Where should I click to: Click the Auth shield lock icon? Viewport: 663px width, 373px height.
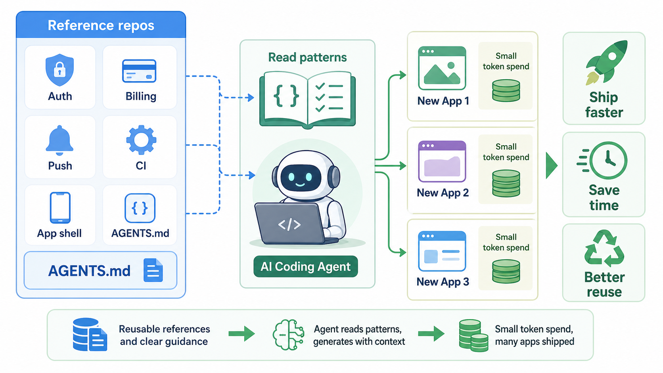pos(59,70)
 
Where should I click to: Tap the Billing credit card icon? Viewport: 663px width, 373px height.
pos(139,71)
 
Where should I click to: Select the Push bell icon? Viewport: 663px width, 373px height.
pos(59,140)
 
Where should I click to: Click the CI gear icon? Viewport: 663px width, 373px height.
pos(141,140)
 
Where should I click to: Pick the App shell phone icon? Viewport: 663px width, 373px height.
pos(60,208)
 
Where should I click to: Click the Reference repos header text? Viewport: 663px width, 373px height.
pos(101,25)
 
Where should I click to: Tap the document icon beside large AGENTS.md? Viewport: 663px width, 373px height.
pos(153,270)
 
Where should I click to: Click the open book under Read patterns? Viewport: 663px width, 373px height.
pos(307,99)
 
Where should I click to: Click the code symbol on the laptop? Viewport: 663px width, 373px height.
pos(289,225)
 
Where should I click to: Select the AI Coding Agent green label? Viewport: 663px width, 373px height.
pos(305,267)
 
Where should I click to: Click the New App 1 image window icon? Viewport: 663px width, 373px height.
pos(442,68)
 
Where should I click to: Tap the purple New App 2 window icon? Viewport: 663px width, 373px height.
pos(442,161)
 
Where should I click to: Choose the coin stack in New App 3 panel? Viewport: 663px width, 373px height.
pos(506,271)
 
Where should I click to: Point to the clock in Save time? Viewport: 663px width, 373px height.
pos(608,161)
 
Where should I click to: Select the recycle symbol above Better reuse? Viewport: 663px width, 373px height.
pos(604,249)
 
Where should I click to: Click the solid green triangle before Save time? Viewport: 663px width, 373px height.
pos(551,165)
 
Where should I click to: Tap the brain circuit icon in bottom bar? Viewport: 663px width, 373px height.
pos(288,335)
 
